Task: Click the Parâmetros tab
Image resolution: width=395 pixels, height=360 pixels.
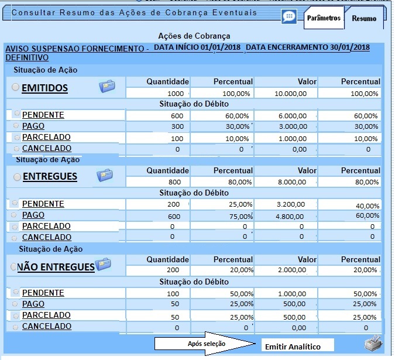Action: pos(323,18)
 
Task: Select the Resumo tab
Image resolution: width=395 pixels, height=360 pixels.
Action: pos(363,19)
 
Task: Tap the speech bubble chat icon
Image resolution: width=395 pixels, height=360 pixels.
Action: pos(288,16)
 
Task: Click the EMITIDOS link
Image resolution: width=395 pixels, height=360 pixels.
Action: pos(45,88)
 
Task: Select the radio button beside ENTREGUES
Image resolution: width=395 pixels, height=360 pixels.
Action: pos(17,176)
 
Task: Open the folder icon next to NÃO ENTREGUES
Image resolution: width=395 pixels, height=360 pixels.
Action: pos(103,265)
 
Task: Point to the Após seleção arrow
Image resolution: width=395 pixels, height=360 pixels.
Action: pos(207,344)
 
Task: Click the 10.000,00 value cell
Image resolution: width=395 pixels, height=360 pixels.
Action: pos(287,94)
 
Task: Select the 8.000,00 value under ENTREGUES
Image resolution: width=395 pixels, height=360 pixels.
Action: pos(287,182)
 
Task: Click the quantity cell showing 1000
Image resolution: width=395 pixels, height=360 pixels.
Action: pos(158,94)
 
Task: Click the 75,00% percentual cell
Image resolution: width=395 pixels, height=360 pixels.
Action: pos(222,215)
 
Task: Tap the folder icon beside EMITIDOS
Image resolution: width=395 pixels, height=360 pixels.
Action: pos(107,87)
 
